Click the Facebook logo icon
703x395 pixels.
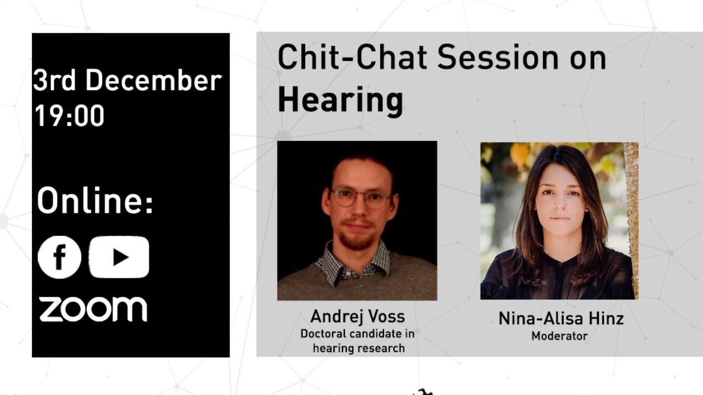(x=59, y=257)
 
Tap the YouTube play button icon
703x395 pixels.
(x=119, y=257)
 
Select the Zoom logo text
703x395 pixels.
(x=93, y=309)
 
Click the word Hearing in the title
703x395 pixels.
(x=340, y=100)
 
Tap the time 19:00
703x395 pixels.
(x=69, y=115)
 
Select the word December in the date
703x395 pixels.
(x=153, y=81)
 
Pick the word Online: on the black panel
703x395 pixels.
(x=95, y=201)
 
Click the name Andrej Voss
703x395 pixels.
(x=357, y=317)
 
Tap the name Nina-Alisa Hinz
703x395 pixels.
(x=561, y=318)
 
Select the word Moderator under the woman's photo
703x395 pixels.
(x=559, y=336)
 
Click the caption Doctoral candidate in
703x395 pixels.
(x=357, y=334)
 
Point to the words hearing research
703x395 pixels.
(x=359, y=348)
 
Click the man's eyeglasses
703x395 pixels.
(x=360, y=198)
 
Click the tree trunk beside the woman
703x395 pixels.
(x=631, y=219)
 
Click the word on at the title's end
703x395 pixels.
(x=588, y=58)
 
